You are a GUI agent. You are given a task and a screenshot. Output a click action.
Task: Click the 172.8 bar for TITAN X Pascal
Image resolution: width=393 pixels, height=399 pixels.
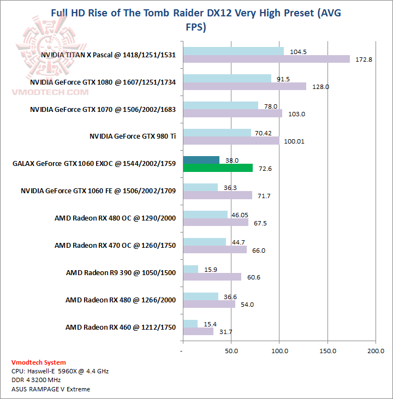[266, 59]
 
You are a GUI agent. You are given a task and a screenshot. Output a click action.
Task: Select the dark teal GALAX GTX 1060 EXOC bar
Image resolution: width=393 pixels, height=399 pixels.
[201, 160]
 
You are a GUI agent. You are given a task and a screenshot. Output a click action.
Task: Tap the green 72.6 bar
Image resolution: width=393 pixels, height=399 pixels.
[218, 168]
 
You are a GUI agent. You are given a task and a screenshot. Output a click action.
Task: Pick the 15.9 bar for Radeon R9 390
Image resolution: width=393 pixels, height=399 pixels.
[190, 269]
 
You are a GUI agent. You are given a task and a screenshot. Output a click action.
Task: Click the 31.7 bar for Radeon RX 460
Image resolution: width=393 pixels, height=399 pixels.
[198, 331]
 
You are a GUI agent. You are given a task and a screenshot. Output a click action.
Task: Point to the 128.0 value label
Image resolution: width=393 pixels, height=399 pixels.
[322, 86]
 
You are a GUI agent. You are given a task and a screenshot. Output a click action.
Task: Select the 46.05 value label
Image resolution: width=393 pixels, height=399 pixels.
[240, 215]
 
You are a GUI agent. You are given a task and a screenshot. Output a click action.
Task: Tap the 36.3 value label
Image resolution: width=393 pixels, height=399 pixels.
[229, 188]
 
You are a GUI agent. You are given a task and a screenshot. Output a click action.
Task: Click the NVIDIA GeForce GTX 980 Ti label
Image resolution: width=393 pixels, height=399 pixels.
[133, 136]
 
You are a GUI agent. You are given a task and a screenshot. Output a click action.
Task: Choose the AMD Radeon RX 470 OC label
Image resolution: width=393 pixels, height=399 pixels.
[115, 245]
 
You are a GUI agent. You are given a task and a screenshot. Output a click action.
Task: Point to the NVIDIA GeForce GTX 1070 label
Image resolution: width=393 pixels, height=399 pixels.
[103, 109]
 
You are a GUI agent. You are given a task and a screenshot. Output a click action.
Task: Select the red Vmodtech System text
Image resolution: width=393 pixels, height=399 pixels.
[39, 362]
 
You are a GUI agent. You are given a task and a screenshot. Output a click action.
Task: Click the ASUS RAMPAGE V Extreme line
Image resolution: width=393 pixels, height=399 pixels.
[51, 389]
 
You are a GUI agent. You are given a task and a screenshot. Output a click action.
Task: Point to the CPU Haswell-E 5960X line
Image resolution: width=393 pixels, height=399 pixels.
[60, 371]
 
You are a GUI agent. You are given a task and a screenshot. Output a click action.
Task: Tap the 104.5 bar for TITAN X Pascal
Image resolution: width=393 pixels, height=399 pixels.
[234, 51]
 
